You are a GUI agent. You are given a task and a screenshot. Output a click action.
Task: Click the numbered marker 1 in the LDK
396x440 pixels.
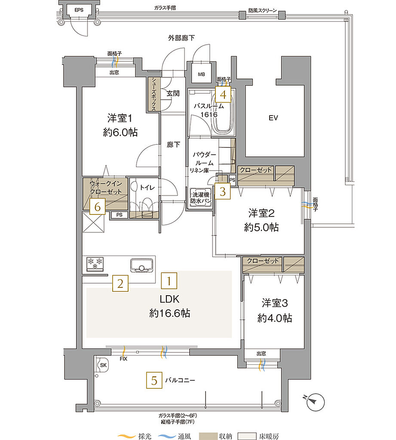(x=169, y=281)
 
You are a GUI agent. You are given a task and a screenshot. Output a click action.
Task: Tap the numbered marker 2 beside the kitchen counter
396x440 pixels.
(x=121, y=283)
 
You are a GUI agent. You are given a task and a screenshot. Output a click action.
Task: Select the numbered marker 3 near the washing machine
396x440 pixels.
(x=222, y=191)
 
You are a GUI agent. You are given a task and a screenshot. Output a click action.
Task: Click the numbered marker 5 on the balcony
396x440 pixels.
(x=154, y=380)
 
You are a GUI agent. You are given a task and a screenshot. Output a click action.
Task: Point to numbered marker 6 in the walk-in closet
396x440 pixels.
(x=98, y=207)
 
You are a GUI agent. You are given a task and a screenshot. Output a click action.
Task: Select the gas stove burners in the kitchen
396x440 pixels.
(x=95, y=263)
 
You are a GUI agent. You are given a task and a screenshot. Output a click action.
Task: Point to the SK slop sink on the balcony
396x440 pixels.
(x=103, y=365)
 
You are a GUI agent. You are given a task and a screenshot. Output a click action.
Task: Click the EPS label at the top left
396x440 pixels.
(x=79, y=10)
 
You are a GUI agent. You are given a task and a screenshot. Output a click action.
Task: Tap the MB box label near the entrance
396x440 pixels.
(x=201, y=74)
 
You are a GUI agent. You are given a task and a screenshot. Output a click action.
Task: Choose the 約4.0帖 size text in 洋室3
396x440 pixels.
(x=275, y=318)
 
